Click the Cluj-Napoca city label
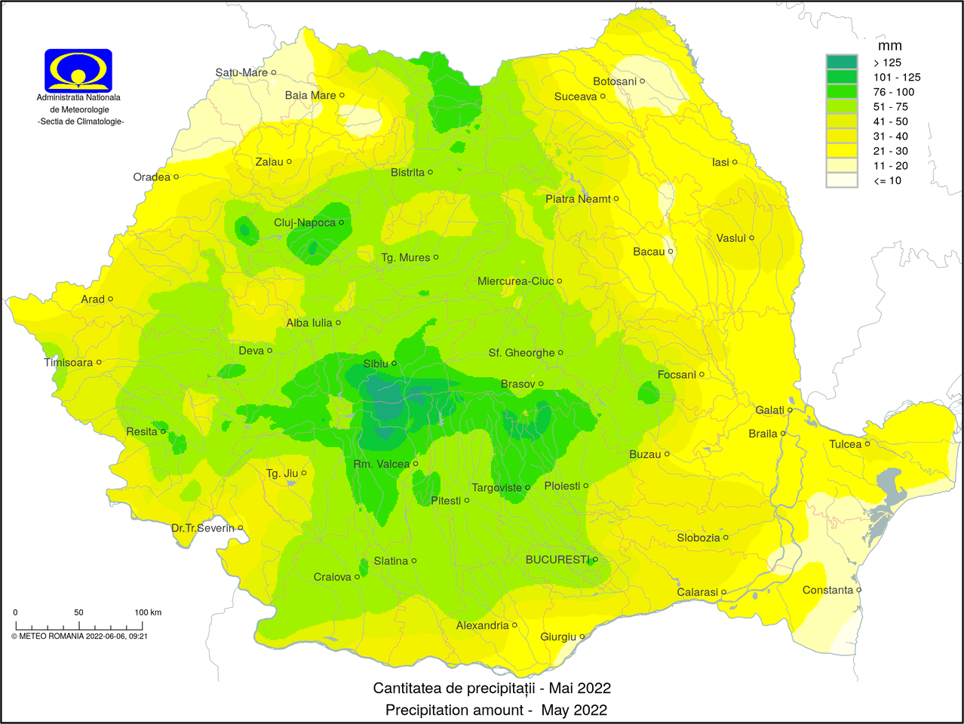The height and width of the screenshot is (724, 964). click(x=304, y=222)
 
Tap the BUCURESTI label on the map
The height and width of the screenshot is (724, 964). click(x=557, y=560)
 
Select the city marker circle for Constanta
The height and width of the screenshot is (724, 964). click(x=859, y=590)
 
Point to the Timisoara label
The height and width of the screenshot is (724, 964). click(x=68, y=362)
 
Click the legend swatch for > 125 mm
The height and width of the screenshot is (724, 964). click(x=842, y=63)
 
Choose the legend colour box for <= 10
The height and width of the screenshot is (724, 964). click(x=842, y=180)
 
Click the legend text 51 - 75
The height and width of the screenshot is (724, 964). click(x=890, y=106)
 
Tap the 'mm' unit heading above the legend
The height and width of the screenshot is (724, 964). click(x=889, y=46)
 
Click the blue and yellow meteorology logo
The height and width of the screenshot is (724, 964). click(x=78, y=70)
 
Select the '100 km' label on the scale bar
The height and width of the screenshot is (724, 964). click(x=148, y=612)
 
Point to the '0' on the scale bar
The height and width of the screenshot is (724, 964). click(x=15, y=612)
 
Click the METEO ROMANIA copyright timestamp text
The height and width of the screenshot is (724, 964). click(x=79, y=636)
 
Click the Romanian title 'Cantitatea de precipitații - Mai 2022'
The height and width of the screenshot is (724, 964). click(x=492, y=688)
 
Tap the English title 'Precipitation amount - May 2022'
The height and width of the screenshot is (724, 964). click(x=496, y=710)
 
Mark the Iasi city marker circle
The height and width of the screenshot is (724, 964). click(x=735, y=162)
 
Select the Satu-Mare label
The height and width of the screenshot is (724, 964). click(x=241, y=72)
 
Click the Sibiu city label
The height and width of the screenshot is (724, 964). click(x=376, y=364)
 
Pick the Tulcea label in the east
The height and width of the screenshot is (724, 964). click(x=845, y=444)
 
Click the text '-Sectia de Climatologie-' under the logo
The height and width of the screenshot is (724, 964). click(x=81, y=121)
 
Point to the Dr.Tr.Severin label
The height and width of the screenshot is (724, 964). click(x=202, y=528)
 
